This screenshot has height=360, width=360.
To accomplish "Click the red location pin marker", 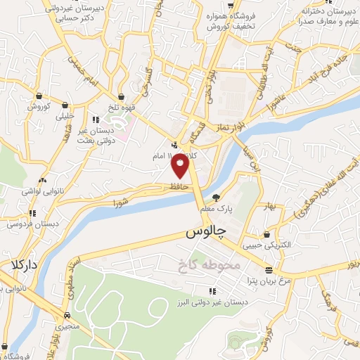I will coord(181,165).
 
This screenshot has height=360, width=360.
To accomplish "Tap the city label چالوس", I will coord(206,232).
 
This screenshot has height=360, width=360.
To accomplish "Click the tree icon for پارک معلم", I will coord(216,198).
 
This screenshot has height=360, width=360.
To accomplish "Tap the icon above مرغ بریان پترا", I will coord(268,270).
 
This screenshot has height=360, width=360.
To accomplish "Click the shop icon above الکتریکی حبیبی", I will coord(267,234).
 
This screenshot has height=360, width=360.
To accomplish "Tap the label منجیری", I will coord(65,327).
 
